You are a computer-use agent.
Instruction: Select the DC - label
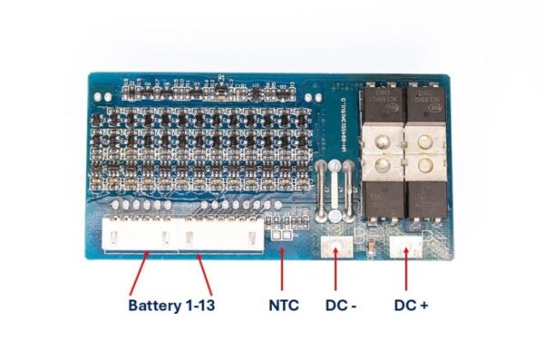pos(341,305)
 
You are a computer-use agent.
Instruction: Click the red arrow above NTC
pos(283,263)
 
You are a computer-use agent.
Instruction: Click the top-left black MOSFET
pos(382,103)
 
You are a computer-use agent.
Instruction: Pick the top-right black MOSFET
pos(425,103)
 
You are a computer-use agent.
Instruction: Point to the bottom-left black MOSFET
pos(382,201)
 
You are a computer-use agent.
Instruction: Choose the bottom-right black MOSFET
pos(425,201)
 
